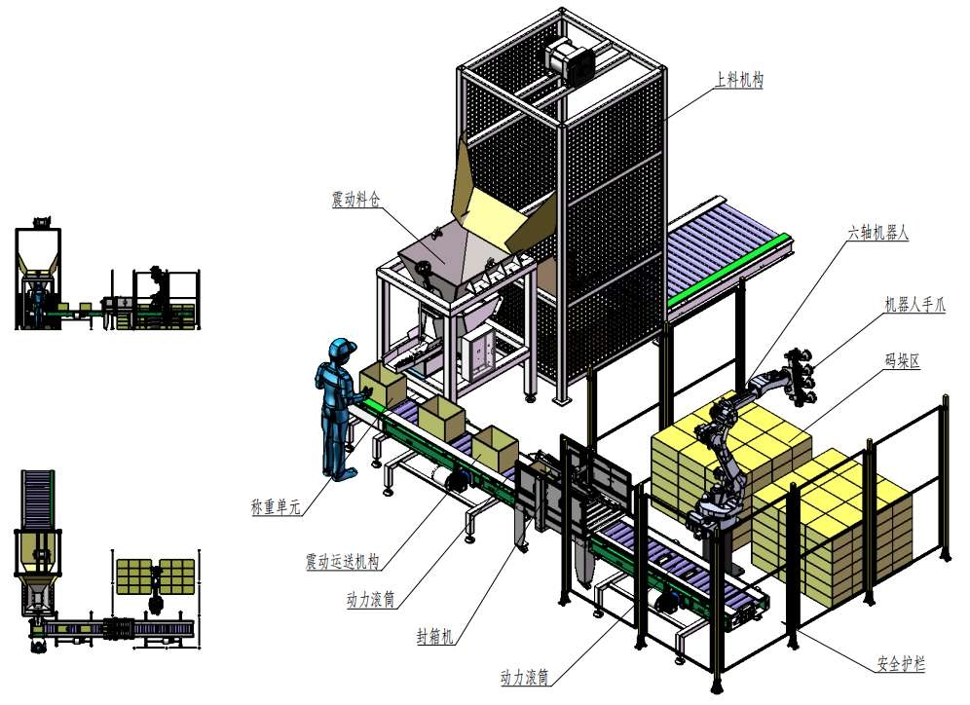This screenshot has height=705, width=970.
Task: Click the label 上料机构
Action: pos(738,80)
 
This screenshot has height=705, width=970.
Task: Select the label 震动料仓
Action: pos(355,199)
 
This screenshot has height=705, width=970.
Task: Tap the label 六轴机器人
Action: pos(877,233)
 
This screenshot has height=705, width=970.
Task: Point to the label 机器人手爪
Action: pos(914,304)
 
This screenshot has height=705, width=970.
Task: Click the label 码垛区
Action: pos(902,360)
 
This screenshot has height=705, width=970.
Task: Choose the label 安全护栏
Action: pos(901,663)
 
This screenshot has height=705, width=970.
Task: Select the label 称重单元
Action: pos(276,507)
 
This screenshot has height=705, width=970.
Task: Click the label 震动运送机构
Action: pos(342,561)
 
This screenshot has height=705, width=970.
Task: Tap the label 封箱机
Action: pos(435,636)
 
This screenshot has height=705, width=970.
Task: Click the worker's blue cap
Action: pos(343,347)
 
